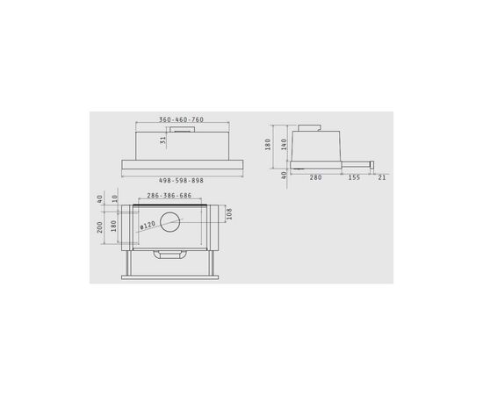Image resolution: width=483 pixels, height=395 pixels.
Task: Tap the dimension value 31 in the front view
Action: point(163,140)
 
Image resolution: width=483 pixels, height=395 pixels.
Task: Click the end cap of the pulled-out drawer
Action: point(372,164)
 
